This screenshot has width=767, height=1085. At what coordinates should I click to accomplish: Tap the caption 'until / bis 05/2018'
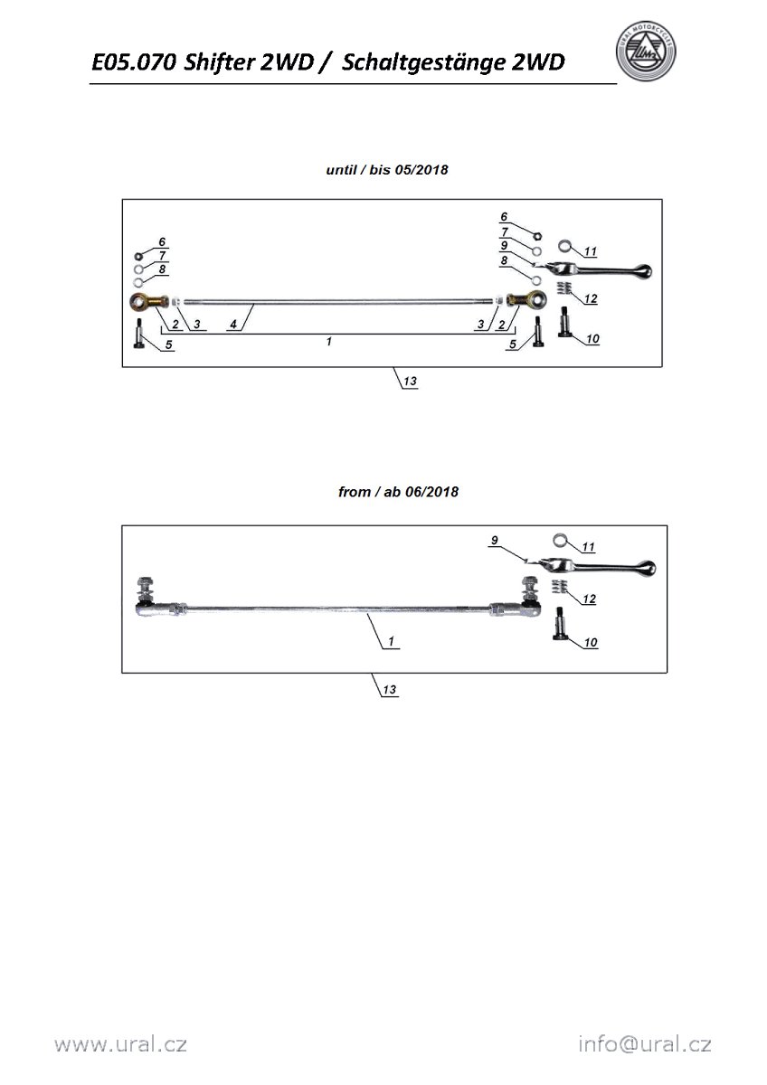click(387, 169)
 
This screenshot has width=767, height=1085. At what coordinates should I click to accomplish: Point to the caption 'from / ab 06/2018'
click(398, 492)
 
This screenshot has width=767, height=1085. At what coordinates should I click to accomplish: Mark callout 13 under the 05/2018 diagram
click(410, 382)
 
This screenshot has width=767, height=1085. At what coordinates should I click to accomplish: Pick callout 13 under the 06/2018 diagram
click(390, 690)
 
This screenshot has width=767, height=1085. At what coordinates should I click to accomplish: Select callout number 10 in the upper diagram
click(592, 339)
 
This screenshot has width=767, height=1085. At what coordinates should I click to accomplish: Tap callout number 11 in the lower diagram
click(589, 547)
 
